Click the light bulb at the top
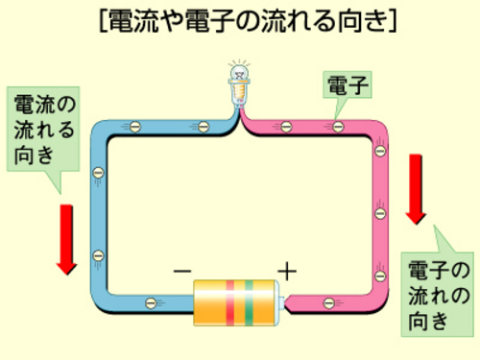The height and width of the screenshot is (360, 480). pos(239,84)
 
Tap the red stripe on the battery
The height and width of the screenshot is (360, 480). pos(230,302)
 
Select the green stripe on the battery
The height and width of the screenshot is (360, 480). pos(249,302)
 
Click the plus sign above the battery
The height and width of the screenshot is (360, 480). pos(287,272)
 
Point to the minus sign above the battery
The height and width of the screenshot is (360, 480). pos(182,272)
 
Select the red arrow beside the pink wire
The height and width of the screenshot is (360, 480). pos(416,189)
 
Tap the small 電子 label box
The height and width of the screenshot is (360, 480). pos(348,84)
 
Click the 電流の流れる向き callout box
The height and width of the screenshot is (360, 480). pos(43,129)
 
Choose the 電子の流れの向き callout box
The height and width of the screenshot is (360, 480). pos(438,295)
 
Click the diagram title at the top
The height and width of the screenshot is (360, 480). pos(248,20)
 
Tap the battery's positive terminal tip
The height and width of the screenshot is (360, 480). pos(281,303)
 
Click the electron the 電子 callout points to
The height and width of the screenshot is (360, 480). pos(338,127)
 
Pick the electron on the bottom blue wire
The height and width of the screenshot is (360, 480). pos(151,302)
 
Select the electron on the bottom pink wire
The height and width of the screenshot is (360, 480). pos(329,302)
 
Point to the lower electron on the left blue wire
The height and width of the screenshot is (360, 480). pos(98,256)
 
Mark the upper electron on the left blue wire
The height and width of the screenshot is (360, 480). pos(98,173)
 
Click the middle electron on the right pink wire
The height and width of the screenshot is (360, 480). pos(380,213)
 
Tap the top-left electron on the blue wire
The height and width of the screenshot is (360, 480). pos(135,127)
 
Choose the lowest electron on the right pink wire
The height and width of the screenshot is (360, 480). pos(380,276)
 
